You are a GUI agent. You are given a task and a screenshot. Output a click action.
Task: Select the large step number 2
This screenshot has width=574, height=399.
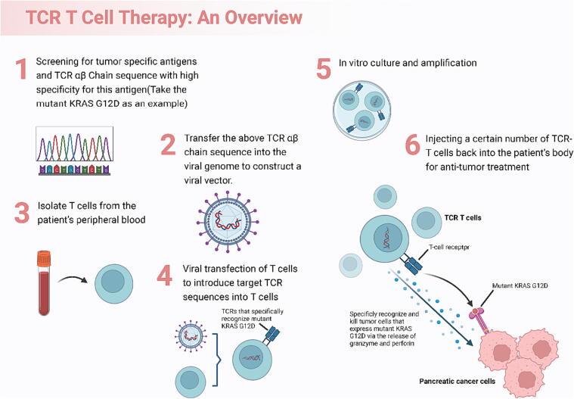click(169, 145)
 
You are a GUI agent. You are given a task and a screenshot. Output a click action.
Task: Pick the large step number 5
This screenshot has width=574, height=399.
click(324, 69)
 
